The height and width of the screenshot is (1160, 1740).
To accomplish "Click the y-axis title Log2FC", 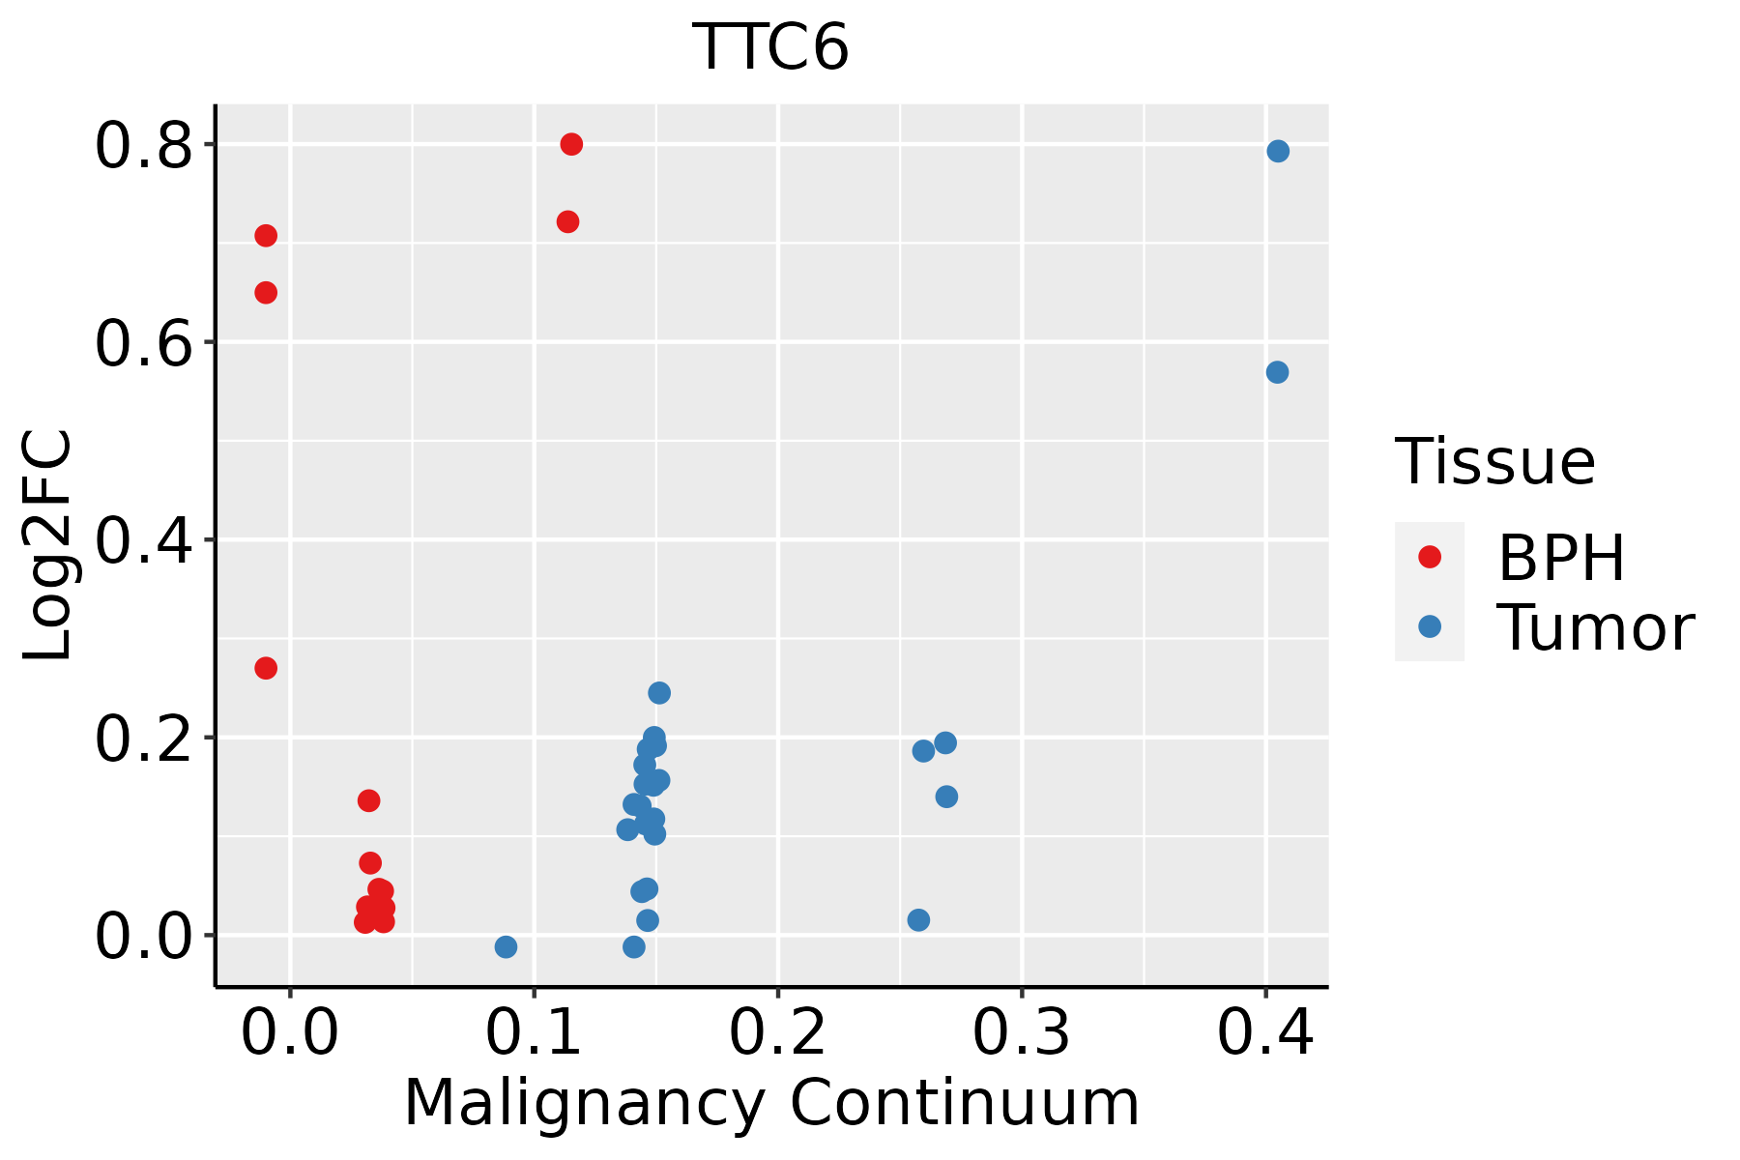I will point(48,545).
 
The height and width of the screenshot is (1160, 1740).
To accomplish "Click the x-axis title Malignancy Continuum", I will point(770,1103).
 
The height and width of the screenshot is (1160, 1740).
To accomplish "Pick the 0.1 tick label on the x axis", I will point(534,1033).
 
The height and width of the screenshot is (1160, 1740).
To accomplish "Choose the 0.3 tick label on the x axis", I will point(1021,1033).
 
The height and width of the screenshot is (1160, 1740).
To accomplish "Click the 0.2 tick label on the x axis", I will point(777,1033).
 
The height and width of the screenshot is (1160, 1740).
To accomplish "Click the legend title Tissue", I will point(1495,462).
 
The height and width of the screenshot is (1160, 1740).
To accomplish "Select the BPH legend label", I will point(1561,558).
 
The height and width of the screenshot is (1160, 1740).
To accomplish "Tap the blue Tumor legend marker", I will point(1429,626).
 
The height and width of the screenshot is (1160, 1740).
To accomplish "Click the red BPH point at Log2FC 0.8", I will point(571,144).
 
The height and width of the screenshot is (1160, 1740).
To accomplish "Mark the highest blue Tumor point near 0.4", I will point(1278,151).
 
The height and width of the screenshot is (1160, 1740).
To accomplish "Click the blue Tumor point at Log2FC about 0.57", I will point(1277,372).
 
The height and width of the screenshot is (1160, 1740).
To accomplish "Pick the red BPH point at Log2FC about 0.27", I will point(266,668).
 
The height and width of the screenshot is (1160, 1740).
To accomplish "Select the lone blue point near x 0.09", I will point(506,946).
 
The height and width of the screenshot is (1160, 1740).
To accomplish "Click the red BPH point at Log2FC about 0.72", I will point(567,221).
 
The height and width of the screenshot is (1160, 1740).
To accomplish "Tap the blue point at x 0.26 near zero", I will point(918,919).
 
